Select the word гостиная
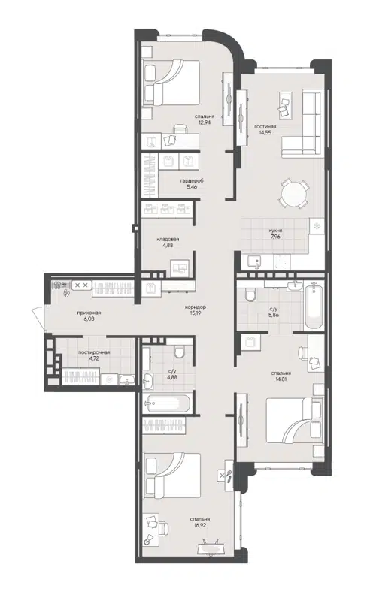coord(265,127)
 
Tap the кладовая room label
coord(168,239)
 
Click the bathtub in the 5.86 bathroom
coord(314,306)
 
